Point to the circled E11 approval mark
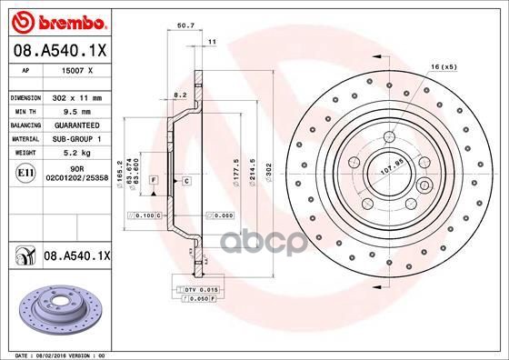tap(25, 170)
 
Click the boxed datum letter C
tap(185, 182)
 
